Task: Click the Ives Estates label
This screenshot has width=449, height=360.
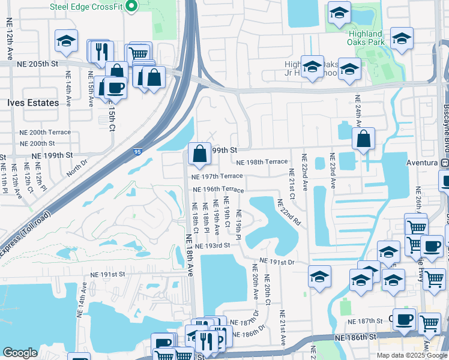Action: (33, 103)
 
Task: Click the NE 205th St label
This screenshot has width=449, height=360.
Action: (37, 64)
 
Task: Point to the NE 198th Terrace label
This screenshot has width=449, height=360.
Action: (262, 162)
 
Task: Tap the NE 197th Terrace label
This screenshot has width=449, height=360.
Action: (217, 176)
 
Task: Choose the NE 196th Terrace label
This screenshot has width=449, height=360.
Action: (218, 190)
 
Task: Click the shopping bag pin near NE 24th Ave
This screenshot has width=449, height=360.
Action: (363, 140)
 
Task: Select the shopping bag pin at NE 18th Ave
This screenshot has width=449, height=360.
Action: (199, 154)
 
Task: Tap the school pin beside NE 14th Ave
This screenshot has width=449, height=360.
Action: (67, 41)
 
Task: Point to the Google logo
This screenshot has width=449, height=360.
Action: (20, 353)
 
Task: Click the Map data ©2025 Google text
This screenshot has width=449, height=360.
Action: (411, 355)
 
